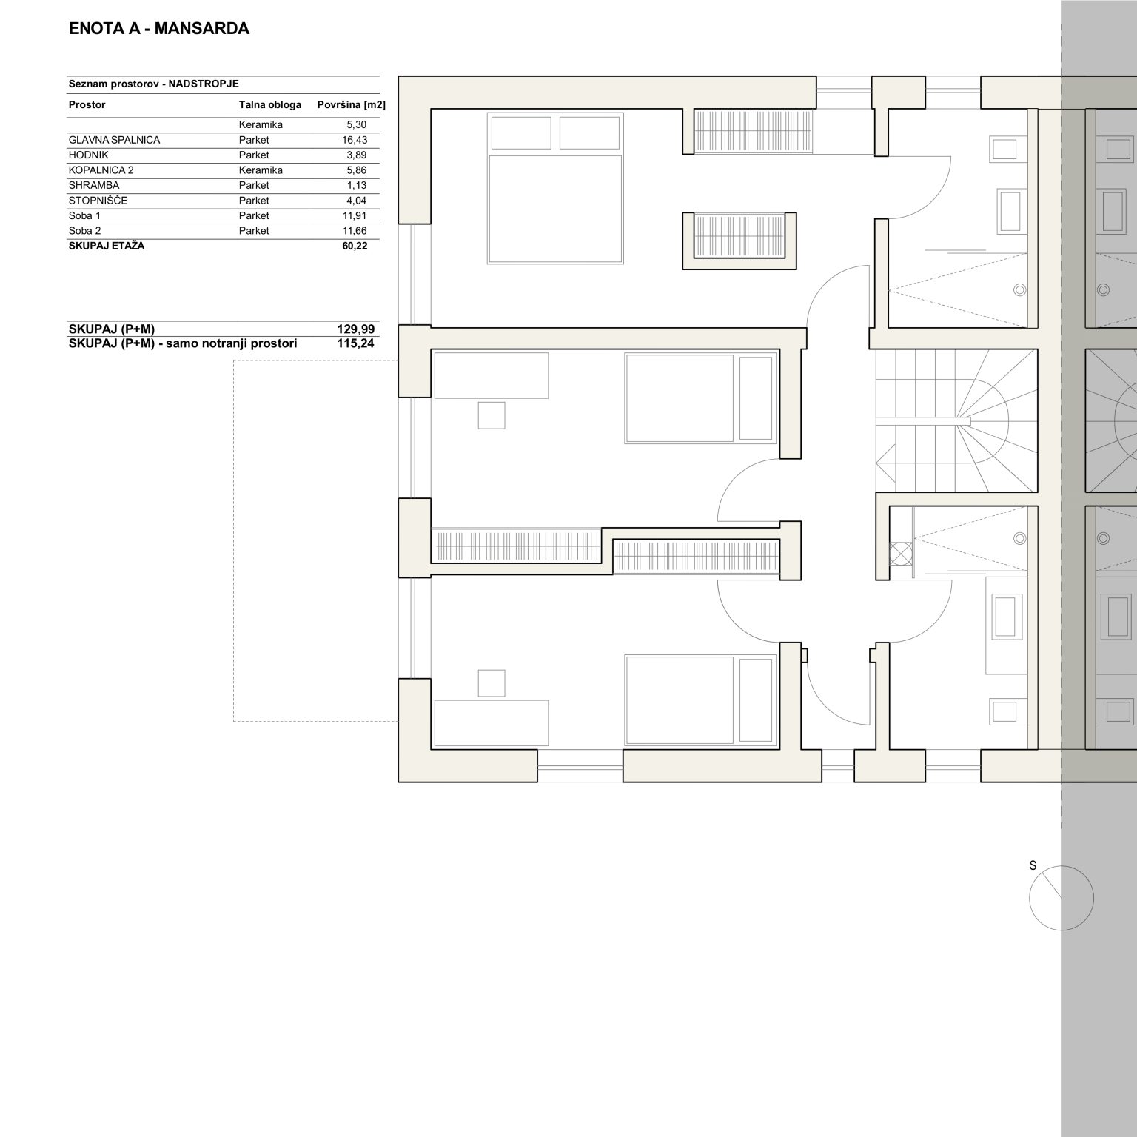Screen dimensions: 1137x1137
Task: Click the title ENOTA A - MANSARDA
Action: click(158, 29)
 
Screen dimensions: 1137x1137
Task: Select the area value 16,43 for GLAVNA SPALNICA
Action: click(356, 140)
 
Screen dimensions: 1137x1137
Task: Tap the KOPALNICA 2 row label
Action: click(101, 170)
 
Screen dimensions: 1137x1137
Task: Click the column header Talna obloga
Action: click(269, 104)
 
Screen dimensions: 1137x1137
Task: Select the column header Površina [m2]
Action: click(351, 105)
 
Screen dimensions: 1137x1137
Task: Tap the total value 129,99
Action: click(355, 329)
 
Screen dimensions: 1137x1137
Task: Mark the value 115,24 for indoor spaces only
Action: click(355, 343)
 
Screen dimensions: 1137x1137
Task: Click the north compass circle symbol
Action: click(1061, 897)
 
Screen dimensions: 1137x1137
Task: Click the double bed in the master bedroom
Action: click(555, 189)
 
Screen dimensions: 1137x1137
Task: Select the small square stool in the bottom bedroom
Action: click(492, 682)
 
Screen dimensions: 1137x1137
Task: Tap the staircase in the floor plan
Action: click(956, 420)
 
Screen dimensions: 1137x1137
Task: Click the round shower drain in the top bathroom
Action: click(1020, 290)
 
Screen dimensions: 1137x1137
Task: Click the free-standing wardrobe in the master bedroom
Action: click(739, 241)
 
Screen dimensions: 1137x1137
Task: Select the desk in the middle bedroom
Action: click(492, 375)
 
